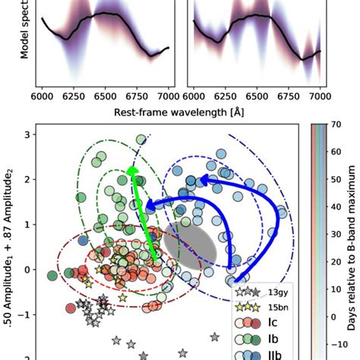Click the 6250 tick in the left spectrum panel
(74, 99)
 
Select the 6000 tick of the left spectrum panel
(43, 99)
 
